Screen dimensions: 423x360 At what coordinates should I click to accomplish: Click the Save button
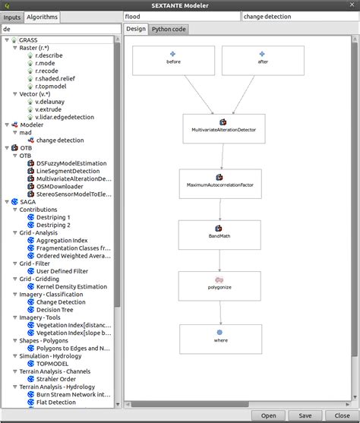coord(305,415)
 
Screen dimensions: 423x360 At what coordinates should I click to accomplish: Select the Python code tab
coord(169,29)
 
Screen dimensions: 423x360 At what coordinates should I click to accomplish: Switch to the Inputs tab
coord(12,17)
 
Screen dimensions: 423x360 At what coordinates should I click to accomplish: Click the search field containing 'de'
coord(61,29)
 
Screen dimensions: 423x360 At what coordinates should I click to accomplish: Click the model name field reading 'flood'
coord(181,16)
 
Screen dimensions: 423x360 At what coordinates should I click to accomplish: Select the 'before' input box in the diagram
coord(174,60)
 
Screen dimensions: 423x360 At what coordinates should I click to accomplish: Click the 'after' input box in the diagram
coord(262,60)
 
